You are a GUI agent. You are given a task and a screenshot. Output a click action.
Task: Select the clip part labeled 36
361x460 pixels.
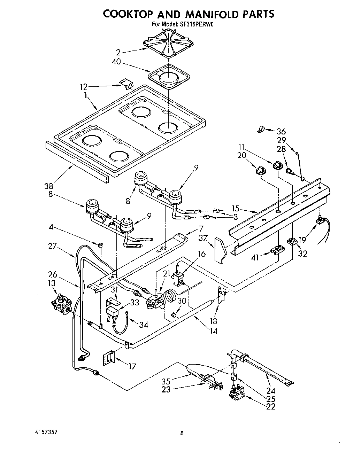pyautogui.click(x=260, y=130)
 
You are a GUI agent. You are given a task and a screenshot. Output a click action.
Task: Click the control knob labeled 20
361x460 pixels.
pyautogui.click(x=259, y=169)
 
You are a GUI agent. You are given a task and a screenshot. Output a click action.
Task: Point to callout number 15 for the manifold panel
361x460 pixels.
pyautogui.click(x=236, y=209)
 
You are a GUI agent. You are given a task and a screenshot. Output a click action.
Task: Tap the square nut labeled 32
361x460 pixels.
pyautogui.click(x=291, y=241)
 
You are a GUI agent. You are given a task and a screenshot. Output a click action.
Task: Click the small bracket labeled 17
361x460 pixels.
pyautogui.click(x=110, y=356)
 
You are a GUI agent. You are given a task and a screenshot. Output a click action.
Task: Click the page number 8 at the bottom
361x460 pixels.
pyautogui.click(x=182, y=433)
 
